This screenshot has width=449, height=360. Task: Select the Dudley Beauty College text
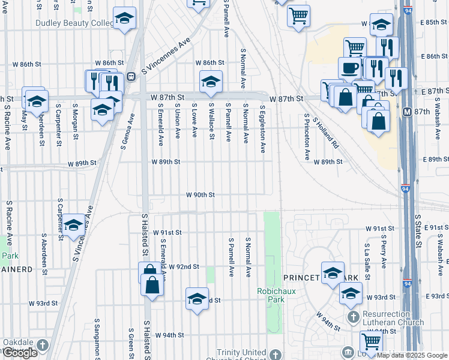point(74,23)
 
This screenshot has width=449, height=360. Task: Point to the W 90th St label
point(200,195)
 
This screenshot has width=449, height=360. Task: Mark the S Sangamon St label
point(97,334)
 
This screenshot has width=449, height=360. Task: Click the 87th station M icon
point(407,112)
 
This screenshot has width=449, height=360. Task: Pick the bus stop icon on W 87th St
point(130,77)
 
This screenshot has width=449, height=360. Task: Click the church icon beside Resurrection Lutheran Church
point(354,316)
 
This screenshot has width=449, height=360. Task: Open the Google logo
point(20,353)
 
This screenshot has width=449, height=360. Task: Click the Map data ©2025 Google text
point(412,355)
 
